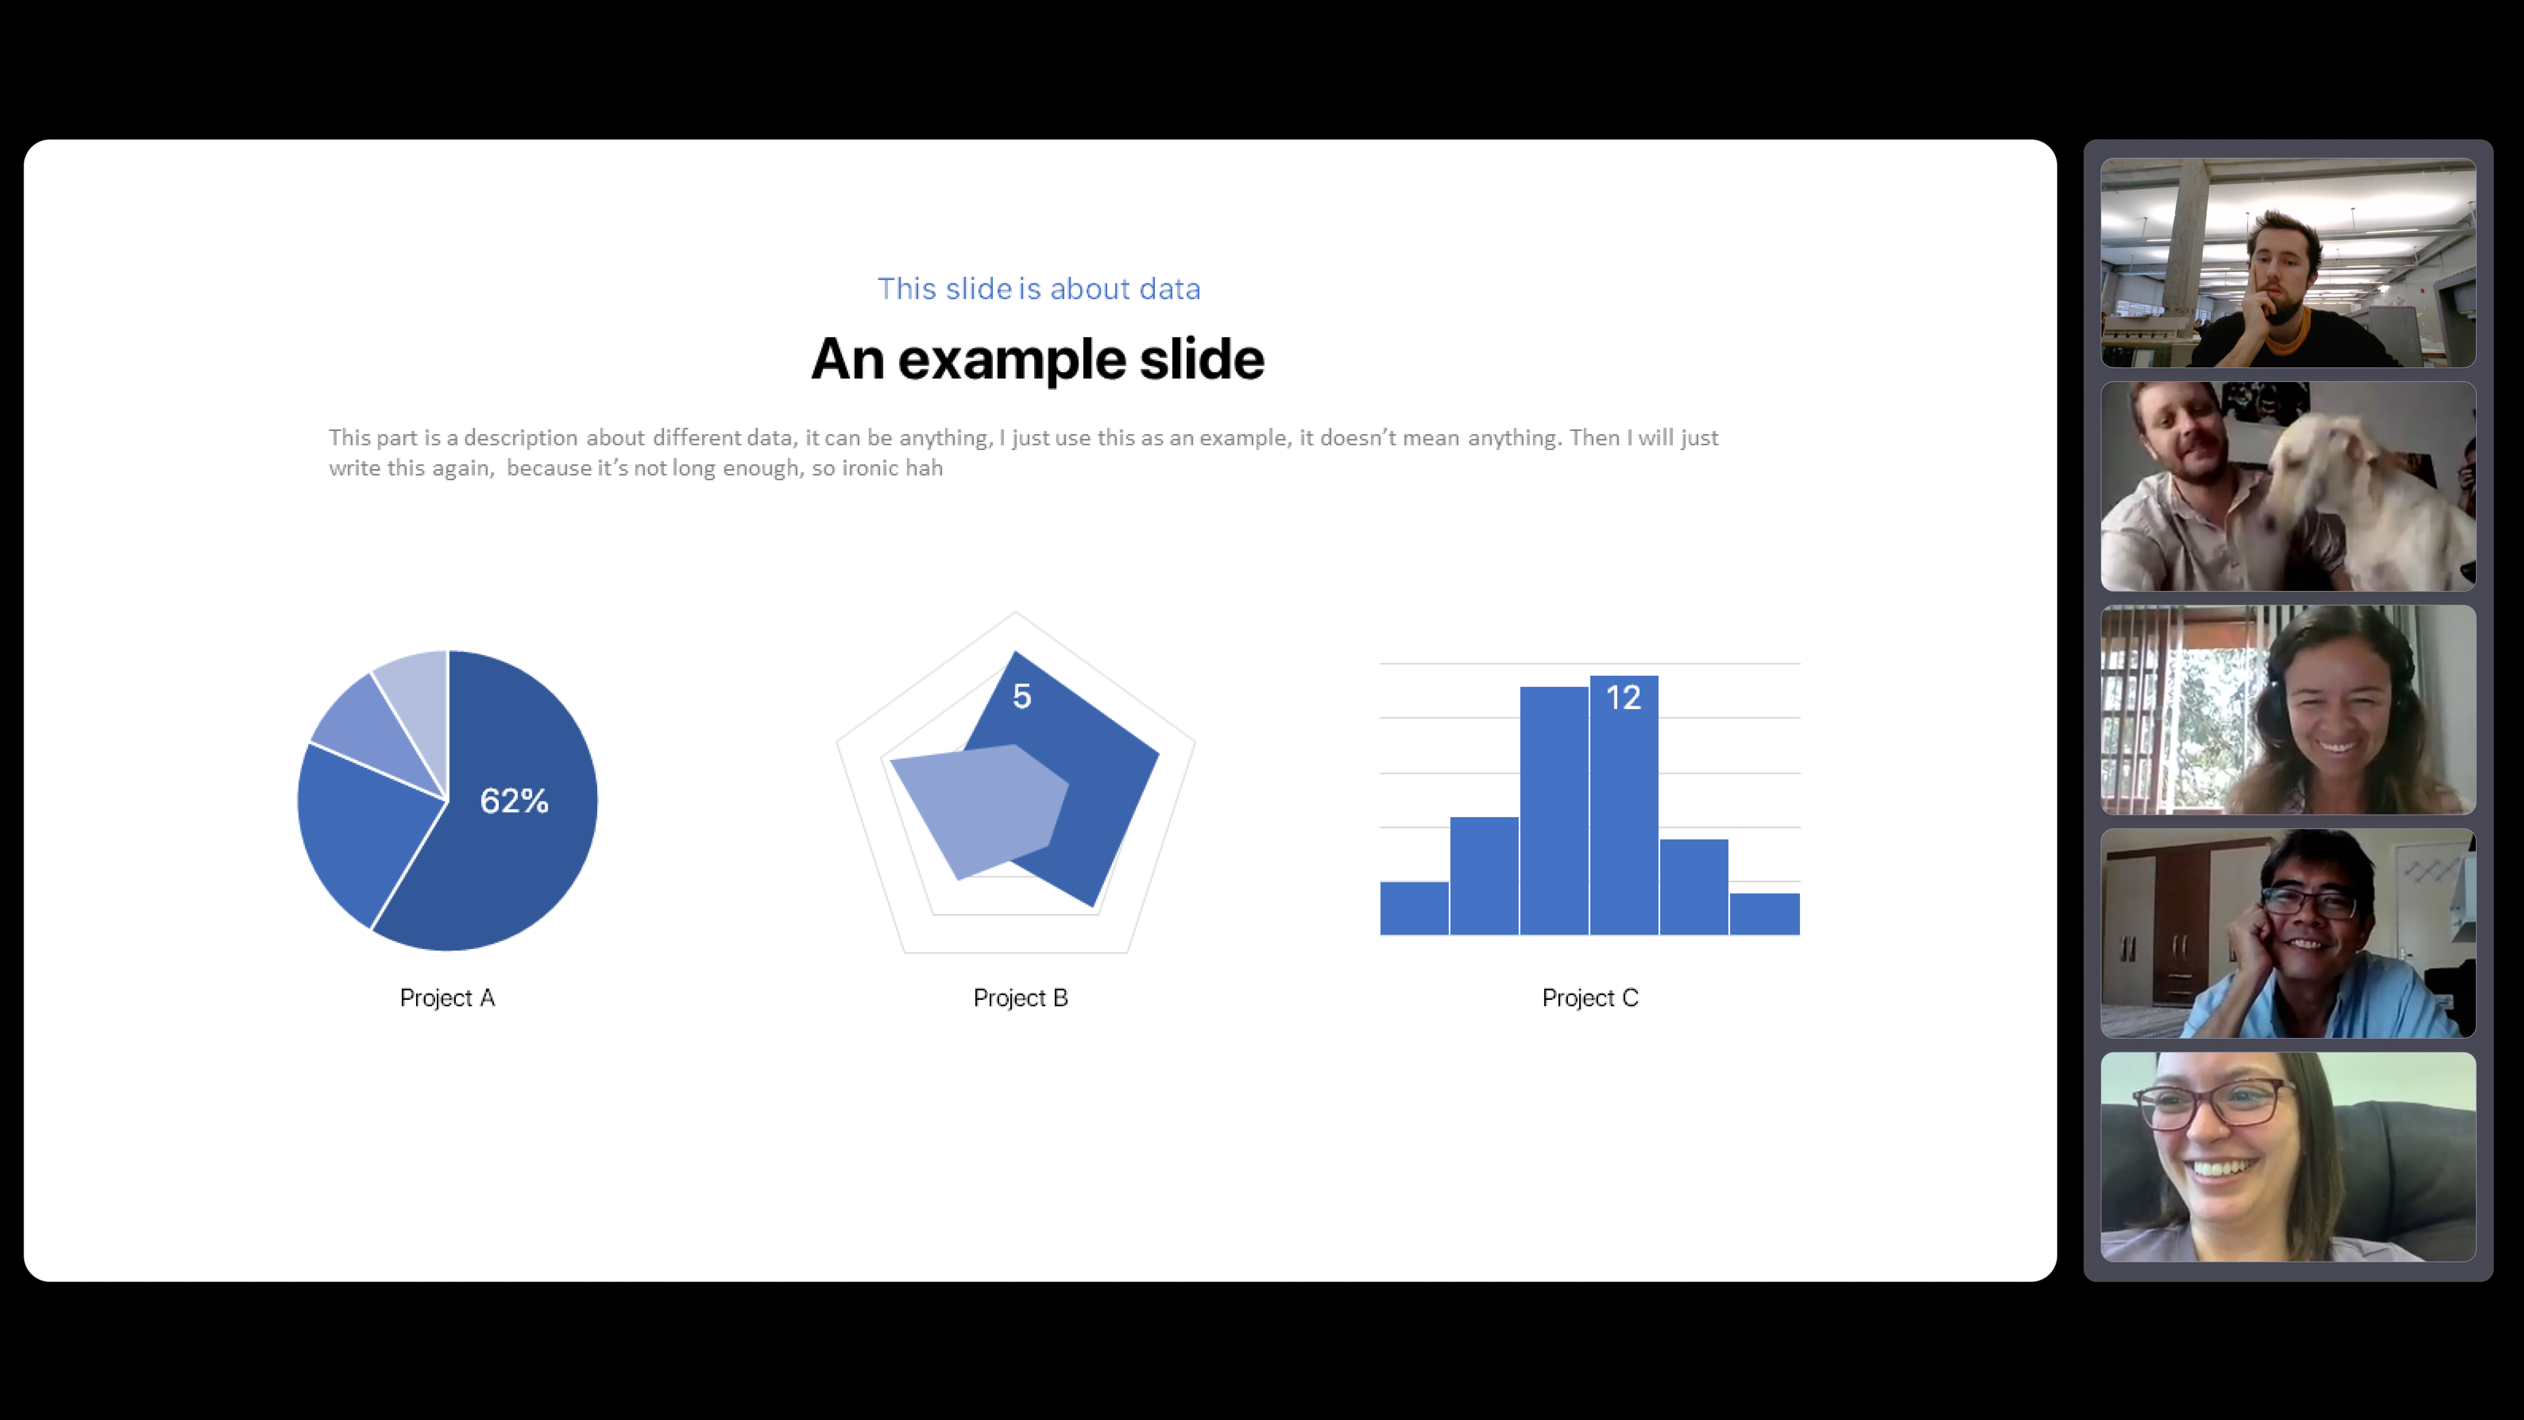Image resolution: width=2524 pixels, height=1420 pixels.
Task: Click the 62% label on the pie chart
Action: click(513, 801)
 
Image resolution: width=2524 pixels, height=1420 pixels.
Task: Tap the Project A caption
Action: click(447, 998)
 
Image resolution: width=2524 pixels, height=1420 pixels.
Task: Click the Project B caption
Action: click(1020, 998)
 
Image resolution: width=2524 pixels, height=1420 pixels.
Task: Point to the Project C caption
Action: click(1589, 998)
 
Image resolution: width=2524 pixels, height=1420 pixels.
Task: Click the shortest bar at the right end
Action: click(1764, 913)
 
